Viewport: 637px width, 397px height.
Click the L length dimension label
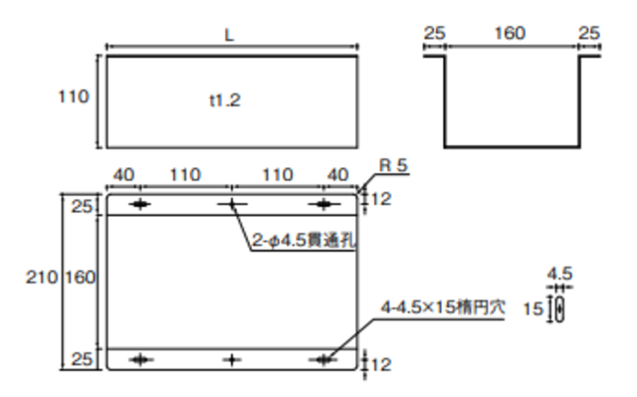click(230, 34)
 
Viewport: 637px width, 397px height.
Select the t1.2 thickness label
click(226, 99)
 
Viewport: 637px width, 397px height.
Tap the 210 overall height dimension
click(41, 278)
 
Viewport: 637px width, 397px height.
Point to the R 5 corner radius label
click(392, 165)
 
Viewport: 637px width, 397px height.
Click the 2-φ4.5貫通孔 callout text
click(303, 239)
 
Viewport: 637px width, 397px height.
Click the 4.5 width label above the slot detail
click(560, 273)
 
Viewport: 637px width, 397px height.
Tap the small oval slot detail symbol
click(561, 308)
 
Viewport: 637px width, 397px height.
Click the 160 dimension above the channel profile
click(510, 34)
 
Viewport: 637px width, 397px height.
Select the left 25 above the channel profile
click(434, 34)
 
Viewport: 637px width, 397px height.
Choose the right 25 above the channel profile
click(588, 34)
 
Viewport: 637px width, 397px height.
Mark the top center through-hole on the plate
click(232, 204)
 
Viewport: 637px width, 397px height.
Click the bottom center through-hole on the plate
click(232, 359)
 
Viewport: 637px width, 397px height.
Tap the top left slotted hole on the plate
click(139, 204)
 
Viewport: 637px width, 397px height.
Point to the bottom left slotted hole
click(139, 359)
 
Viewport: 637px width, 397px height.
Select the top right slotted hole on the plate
click(323, 204)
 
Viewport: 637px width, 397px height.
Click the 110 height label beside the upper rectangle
click(74, 98)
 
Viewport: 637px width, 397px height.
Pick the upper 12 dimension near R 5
click(382, 199)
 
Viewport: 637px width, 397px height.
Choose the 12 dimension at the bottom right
click(382, 364)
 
